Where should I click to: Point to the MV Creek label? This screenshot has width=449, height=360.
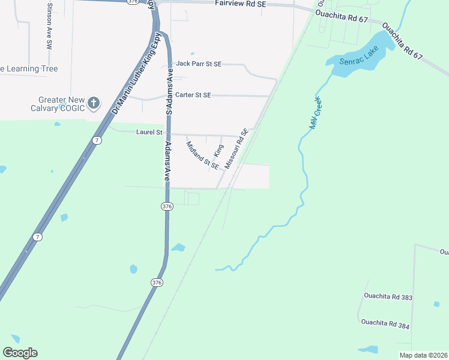pyautogui.click(x=314, y=113)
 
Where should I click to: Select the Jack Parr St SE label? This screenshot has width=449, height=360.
pyautogui.click(x=199, y=64)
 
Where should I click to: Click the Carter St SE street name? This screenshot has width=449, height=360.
pyautogui.click(x=193, y=95)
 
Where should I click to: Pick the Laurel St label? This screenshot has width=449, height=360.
pyautogui.click(x=149, y=131)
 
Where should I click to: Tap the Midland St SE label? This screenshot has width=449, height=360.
pyautogui.click(x=202, y=154)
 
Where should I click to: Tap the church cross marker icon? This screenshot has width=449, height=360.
pyautogui.click(x=93, y=103)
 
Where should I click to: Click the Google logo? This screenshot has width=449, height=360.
pyautogui.click(x=20, y=353)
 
